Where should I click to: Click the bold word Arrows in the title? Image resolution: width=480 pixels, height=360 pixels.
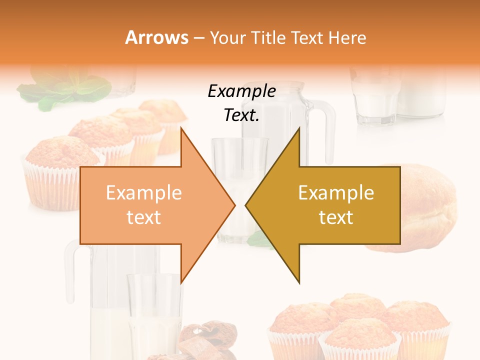157,37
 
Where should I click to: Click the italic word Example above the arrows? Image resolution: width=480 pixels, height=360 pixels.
241,91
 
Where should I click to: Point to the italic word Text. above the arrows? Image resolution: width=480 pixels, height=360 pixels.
241,115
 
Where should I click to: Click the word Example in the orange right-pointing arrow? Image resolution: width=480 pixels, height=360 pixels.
143,193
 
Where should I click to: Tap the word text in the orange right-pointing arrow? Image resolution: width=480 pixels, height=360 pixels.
143,217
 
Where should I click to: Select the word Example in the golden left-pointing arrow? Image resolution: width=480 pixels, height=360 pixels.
336,193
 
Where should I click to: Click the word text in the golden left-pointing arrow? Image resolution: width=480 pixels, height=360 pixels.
336,217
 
